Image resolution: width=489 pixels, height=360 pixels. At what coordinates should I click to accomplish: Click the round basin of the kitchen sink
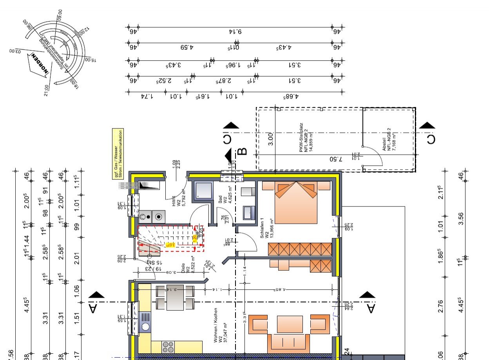145,326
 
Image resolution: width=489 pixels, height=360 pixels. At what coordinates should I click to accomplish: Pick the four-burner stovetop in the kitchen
168,347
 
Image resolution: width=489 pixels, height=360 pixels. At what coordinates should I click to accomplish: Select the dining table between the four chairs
175,298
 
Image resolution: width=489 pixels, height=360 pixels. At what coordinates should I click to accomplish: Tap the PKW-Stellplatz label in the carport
305,139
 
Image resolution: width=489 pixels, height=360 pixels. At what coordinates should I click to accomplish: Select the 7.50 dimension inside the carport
334,159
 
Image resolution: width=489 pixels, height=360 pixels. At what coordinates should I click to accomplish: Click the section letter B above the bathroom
242,151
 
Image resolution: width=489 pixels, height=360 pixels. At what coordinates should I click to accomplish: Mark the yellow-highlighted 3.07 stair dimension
169,244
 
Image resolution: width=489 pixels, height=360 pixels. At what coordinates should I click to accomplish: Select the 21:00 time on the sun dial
46,90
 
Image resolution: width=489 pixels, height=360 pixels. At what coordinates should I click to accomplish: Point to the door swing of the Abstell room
374,157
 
